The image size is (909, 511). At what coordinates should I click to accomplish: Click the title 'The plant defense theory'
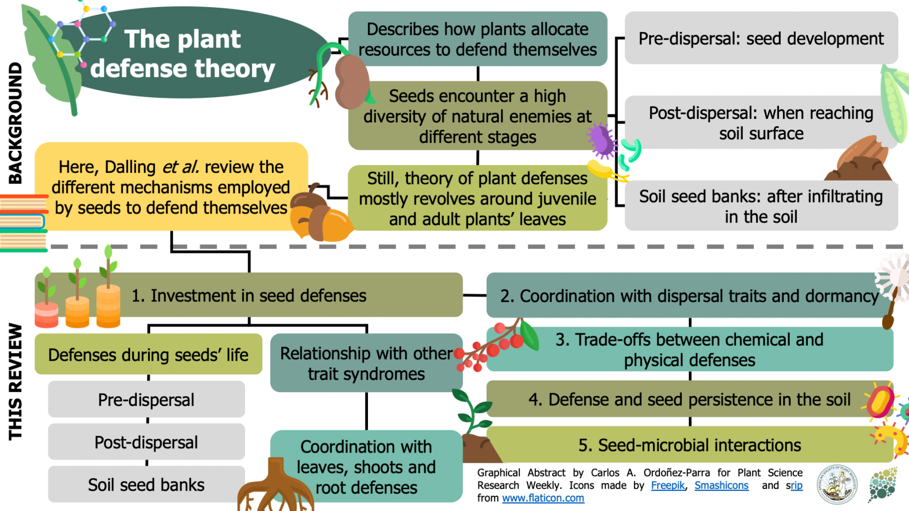tap(182, 53)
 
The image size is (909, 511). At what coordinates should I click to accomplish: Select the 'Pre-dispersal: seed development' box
tap(761, 39)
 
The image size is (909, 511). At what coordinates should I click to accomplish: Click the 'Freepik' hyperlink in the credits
tap(668, 485)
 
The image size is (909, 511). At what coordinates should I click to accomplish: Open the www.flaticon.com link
tap(543, 498)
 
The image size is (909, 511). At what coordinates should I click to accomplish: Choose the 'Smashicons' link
tap(721, 485)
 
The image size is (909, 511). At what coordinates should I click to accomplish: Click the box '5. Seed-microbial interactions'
tap(689, 445)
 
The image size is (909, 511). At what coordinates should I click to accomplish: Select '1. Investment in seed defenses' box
tap(249, 295)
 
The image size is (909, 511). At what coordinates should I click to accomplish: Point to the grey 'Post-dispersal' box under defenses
tap(146, 442)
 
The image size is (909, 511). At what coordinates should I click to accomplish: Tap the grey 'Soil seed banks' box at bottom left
tap(146, 484)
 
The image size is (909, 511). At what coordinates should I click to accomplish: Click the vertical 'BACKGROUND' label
tap(16, 123)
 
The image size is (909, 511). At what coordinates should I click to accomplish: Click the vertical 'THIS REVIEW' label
tap(16, 381)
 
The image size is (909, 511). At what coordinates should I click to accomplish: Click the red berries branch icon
tap(493, 346)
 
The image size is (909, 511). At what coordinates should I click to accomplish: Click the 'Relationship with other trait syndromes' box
tap(366, 363)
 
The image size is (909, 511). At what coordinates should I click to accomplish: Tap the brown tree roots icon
tap(275, 488)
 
